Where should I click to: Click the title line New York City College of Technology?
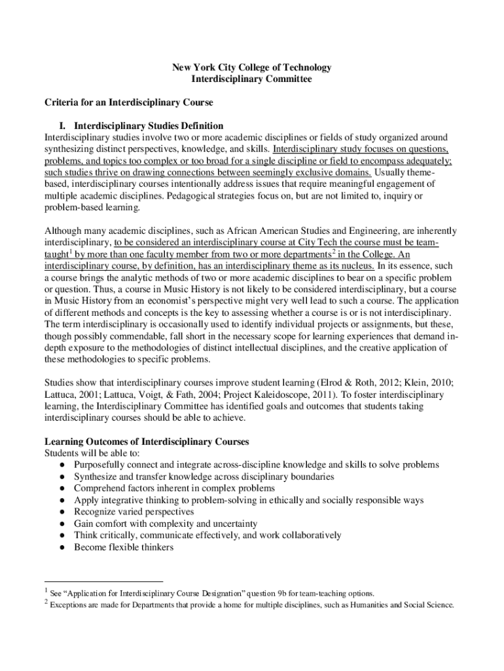tap(251, 67)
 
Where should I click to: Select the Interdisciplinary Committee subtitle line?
tap(251, 79)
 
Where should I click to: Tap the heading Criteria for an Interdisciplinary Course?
tap(128, 102)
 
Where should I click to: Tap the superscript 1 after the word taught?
tap(69, 251)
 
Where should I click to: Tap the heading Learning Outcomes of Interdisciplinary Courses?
tap(146, 442)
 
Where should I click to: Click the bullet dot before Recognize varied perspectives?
tap(61, 512)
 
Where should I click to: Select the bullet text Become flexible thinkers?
tap(124, 547)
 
